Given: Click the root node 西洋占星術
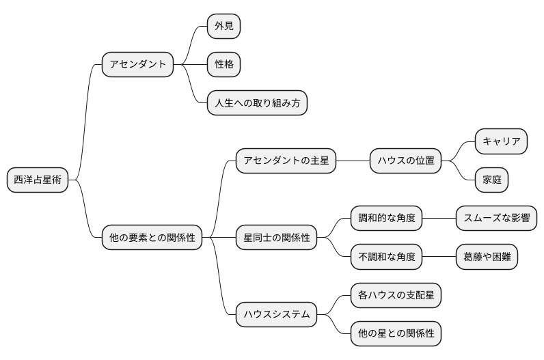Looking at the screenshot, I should pyautogui.click(x=38, y=180).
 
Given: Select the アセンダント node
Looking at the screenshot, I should pyautogui.click(x=137, y=65).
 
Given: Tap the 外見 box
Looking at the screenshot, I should pyautogui.click(x=224, y=27).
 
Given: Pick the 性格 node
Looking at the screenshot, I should pyautogui.click(x=224, y=65).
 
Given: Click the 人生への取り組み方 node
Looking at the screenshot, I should pyautogui.click(x=257, y=103).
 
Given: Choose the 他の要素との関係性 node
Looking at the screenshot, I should pyautogui.click(x=152, y=238).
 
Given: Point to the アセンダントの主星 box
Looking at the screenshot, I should pyautogui.click(x=286, y=161).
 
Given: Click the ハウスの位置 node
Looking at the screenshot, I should pyautogui.click(x=406, y=161).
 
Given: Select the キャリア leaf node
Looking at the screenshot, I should pyautogui.click(x=501, y=141).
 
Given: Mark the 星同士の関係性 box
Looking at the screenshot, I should pyautogui.click(x=276, y=238).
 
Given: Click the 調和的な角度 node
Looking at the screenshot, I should pyautogui.click(x=386, y=219).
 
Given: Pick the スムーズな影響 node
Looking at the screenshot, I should pyautogui.click(x=496, y=219).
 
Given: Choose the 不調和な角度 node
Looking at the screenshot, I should pyautogui.click(x=386, y=258).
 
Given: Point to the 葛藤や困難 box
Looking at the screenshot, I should pyautogui.click(x=487, y=258).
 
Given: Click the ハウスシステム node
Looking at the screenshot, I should pyautogui.click(x=276, y=315).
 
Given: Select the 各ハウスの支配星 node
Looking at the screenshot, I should pyautogui.click(x=396, y=296).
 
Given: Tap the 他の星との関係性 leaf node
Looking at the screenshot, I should pyautogui.click(x=396, y=334).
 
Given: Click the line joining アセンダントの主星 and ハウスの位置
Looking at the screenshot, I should pyautogui.click(x=353, y=161).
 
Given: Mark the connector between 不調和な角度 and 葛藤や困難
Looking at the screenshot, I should pyautogui.click(x=439, y=258).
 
